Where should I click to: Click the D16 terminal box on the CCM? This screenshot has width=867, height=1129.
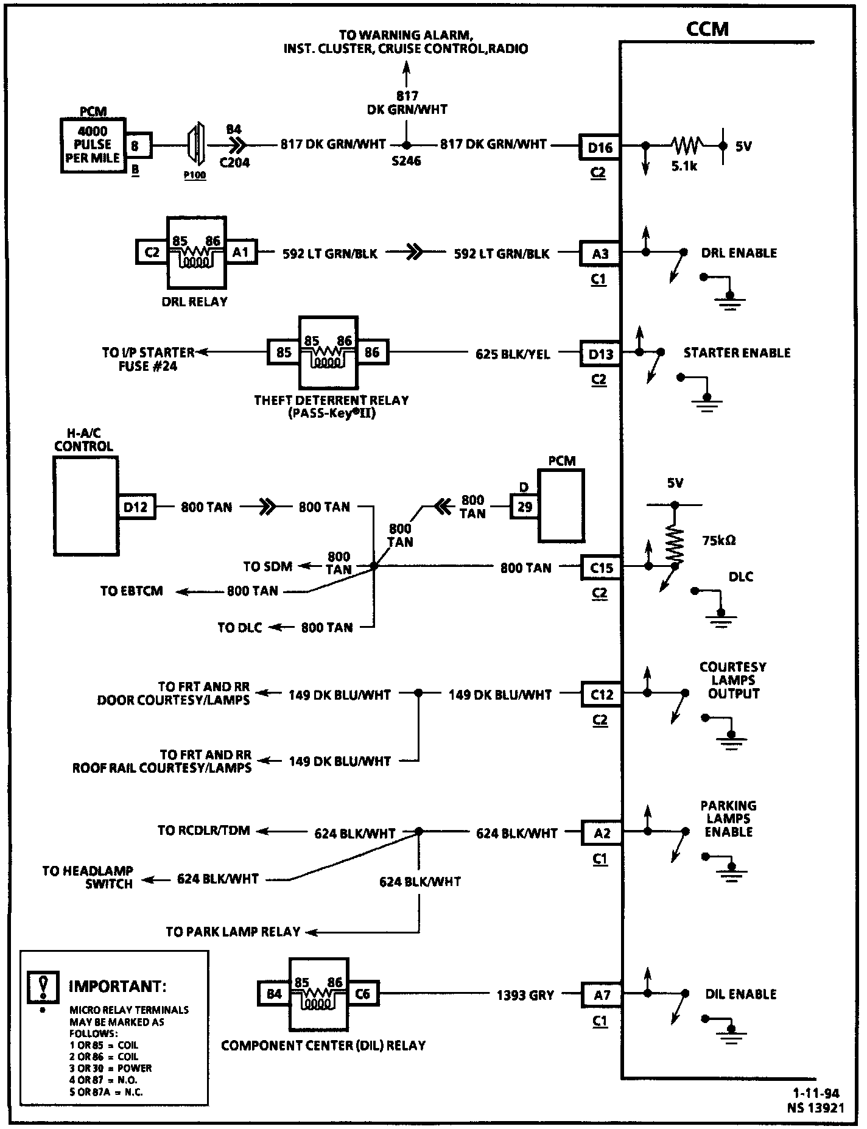click(600, 147)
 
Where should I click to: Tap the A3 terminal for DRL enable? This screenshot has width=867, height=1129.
click(600, 253)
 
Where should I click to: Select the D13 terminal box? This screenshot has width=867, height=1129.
click(600, 354)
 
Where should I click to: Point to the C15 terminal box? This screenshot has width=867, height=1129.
click(601, 568)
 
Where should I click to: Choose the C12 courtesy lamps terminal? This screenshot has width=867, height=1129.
click(601, 694)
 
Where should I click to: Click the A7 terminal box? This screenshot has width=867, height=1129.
click(602, 995)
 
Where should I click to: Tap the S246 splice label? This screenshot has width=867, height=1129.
click(406, 161)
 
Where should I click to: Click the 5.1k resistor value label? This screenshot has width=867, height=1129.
click(684, 166)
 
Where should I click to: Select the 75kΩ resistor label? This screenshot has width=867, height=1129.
click(718, 540)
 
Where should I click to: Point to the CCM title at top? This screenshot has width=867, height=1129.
click(707, 29)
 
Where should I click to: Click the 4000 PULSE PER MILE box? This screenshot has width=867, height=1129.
click(93, 145)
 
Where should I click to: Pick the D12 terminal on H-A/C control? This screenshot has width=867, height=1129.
click(136, 507)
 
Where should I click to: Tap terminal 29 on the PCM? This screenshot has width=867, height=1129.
click(524, 506)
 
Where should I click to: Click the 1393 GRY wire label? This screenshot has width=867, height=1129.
click(525, 995)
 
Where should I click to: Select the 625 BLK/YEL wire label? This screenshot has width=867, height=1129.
click(513, 354)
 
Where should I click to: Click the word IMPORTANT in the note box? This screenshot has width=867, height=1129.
click(117, 986)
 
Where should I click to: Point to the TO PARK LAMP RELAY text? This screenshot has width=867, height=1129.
click(233, 932)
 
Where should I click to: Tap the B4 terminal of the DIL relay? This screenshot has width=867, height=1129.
click(274, 994)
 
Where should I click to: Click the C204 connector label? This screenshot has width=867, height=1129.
click(234, 163)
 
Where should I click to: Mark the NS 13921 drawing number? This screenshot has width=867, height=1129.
click(816, 1108)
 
